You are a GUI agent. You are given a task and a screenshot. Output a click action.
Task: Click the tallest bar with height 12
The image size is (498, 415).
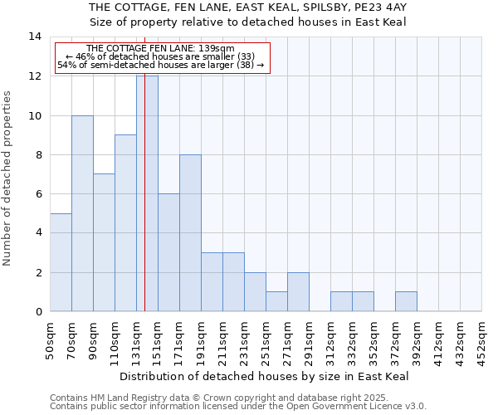(x=147, y=193)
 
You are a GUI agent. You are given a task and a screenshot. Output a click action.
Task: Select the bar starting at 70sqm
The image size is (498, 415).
(x=82, y=213)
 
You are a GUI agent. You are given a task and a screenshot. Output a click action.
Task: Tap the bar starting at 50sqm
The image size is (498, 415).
(x=61, y=262)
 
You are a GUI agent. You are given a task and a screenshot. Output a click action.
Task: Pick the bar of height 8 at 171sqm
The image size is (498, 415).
(x=190, y=233)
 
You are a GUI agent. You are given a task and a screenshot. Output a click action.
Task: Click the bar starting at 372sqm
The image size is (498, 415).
(x=406, y=302)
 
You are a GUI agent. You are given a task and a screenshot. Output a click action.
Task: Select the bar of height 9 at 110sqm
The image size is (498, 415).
(x=125, y=223)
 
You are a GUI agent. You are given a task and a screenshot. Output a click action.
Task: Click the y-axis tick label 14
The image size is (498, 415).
(x=35, y=37)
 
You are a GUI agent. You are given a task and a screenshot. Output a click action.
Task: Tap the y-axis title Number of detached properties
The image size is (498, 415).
(x=8, y=178)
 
